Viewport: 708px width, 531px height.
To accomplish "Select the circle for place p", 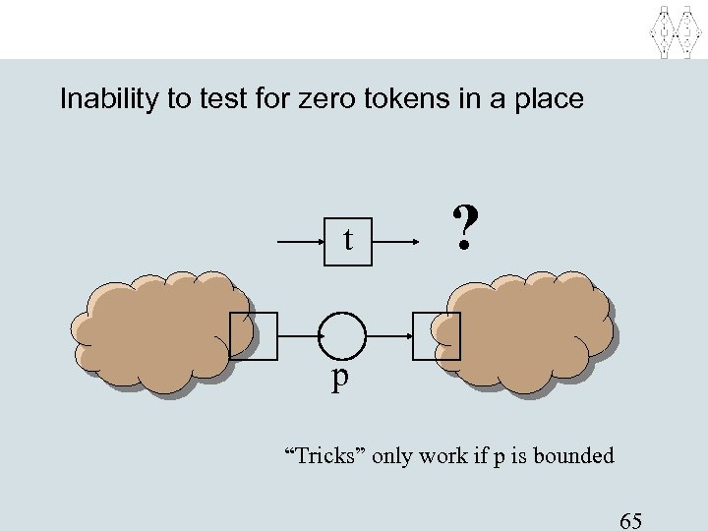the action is pyautogui.click(x=343, y=336).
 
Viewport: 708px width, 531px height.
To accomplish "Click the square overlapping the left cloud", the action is pyautogui.click(x=253, y=336).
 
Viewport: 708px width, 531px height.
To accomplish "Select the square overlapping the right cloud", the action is pyautogui.click(x=436, y=336).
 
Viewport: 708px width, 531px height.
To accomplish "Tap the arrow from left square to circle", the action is pyautogui.click(x=298, y=336).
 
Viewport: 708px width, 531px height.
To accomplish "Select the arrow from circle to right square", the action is pyautogui.click(x=389, y=336).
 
